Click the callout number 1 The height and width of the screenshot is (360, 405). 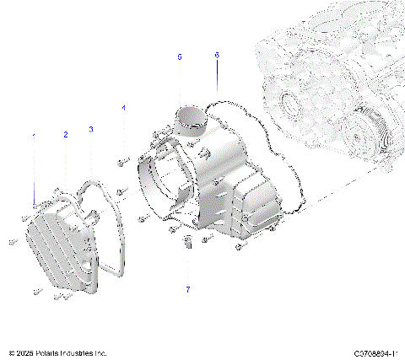[35, 136]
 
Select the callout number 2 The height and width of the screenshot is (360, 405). [65, 135]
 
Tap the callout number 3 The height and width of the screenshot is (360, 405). [91, 129]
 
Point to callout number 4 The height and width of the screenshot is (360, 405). [123, 108]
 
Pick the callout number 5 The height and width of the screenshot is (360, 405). [179, 56]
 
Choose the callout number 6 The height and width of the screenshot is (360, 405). [217, 55]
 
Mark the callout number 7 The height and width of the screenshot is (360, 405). [187, 289]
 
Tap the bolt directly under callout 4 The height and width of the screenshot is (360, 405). [122, 159]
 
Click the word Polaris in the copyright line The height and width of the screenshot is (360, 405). [51, 352]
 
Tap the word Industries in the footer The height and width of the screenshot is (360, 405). [85, 352]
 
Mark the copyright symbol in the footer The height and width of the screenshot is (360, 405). [11, 352]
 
